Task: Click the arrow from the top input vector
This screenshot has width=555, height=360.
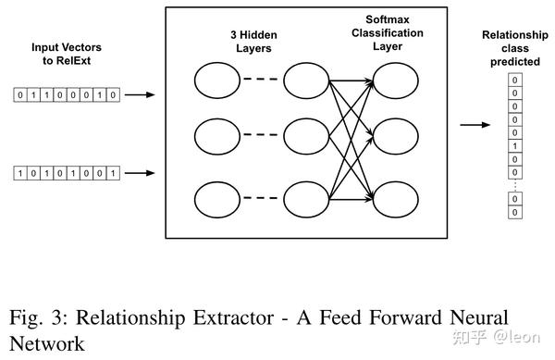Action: pos(141,94)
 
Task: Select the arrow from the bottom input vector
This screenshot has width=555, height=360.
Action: pos(141,173)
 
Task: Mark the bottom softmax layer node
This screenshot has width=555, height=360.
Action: pos(393,199)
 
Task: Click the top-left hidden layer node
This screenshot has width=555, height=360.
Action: pos(216,81)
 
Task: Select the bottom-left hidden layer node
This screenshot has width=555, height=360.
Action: pos(216,199)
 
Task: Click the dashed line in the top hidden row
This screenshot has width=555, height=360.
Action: pos(260,81)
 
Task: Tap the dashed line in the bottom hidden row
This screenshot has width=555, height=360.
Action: pos(260,199)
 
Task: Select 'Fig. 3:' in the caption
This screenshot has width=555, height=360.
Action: pos(40,317)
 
